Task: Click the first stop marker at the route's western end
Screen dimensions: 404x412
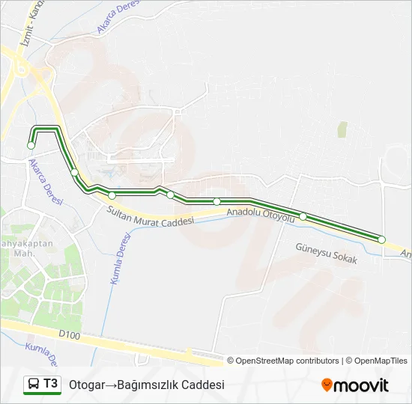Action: click(31, 146)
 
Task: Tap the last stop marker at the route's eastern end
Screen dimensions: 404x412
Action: click(381, 239)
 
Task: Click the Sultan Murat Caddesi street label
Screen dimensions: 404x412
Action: click(151, 215)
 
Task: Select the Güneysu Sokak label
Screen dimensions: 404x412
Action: click(327, 254)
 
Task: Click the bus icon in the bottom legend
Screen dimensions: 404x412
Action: click(34, 385)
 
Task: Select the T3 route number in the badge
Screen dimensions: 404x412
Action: click(50, 384)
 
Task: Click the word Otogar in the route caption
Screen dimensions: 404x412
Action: click(86, 385)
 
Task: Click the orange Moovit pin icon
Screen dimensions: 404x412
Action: click(327, 385)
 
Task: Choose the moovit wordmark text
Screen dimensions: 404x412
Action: click(361, 385)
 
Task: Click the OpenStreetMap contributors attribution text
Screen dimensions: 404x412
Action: click(288, 361)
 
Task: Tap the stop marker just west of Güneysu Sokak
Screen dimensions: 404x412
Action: click(303, 216)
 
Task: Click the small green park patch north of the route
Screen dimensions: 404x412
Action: click(342, 129)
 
